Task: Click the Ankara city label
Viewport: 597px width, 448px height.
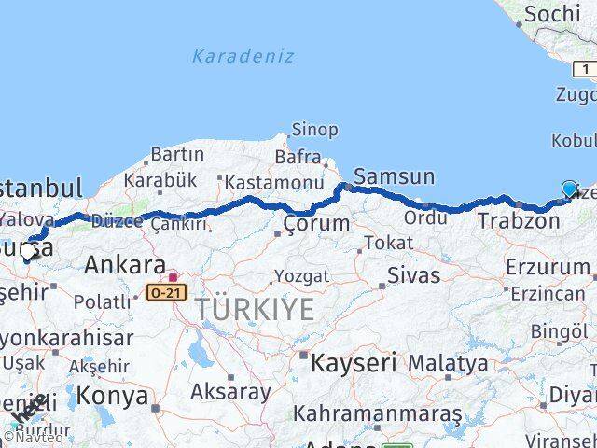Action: (x=125, y=265)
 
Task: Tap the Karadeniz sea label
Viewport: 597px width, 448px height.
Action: (x=243, y=56)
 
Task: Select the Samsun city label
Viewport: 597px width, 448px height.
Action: (x=394, y=176)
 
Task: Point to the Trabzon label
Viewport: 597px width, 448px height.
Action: (x=519, y=221)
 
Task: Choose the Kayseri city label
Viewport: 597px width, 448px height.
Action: (x=354, y=362)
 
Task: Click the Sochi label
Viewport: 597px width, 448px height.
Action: (x=553, y=14)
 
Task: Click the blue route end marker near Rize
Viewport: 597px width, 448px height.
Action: (x=569, y=189)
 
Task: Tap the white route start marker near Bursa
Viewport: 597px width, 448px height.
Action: (x=27, y=251)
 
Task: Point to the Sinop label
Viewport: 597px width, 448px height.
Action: (x=314, y=130)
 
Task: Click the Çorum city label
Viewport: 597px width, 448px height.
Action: (x=317, y=224)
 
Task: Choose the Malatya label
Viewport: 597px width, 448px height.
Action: (x=448, y=362)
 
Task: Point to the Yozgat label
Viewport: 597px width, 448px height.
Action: (x=300, y=276)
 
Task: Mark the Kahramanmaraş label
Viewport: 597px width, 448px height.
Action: (x=378, y=412)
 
